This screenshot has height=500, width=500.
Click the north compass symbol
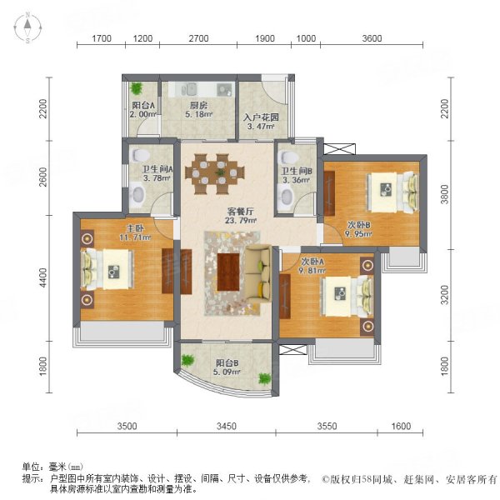(x=27, y=28)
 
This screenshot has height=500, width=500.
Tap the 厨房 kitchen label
(x=198, y=106)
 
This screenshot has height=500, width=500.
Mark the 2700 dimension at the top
(x=198, y=38)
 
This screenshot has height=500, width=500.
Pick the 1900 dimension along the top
(x=265, y=38)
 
